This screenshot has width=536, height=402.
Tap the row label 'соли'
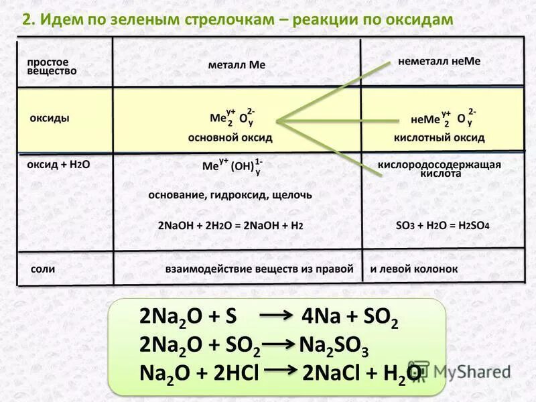[x=43, y=269]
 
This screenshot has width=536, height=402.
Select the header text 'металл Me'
[x=237, y=65]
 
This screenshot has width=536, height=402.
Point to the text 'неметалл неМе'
[x=440, y=61]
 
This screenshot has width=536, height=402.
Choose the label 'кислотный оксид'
[x=439, y=137]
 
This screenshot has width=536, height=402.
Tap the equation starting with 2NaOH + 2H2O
[x=230, y=226]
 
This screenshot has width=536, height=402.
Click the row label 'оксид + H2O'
[x=58, y=163]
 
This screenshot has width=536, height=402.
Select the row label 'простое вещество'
[x=52, y=66]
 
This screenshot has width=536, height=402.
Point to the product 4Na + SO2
[x=350, y=318]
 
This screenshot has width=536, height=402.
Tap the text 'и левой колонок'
[x=414, y=269]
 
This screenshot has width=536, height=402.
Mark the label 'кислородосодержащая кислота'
[x=440, y=168]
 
